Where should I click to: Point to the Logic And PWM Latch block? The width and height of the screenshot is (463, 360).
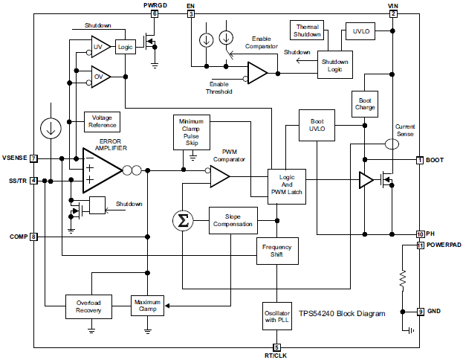tap(287, 184)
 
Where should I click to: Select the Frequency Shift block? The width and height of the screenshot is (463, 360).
tap(277, 251)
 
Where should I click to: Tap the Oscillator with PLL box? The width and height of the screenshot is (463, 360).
tap(277, 315)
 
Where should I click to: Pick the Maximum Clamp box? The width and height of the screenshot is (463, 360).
tap(148, 306)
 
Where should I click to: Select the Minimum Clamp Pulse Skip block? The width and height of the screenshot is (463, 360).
tap(192, 131)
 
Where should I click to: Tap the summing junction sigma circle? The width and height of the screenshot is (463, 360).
tap(182, 220)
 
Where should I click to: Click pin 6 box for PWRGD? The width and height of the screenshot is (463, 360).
tap(155, 14)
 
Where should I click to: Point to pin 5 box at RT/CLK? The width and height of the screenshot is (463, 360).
tap(277, 347)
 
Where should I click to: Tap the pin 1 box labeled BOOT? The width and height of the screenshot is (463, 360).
tap(420, 160)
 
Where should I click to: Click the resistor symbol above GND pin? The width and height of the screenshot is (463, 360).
tap(402, 280)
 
